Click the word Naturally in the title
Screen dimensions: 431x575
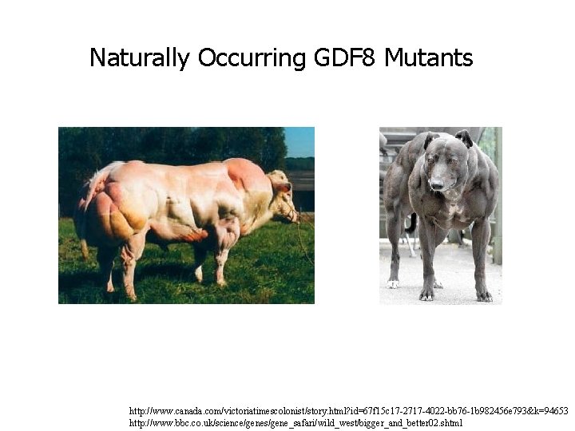(140, 58)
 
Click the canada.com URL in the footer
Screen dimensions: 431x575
(348, 410)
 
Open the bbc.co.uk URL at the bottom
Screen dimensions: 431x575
(295, 422)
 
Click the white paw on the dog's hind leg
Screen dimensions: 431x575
(393, 283)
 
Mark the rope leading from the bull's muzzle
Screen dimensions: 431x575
(301, 239)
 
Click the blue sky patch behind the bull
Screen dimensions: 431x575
(299, 141)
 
